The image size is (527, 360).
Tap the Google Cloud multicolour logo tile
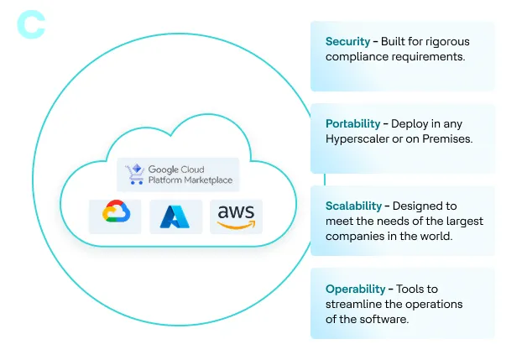[115, 216]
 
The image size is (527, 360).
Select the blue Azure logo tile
[175, 217]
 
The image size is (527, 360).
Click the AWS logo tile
[236, 216]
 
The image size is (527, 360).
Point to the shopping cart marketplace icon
[134, 175]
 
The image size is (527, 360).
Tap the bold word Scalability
[354, 206]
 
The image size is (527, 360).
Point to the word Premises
[449, 138]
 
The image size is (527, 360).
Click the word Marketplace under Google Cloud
[204, 180]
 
